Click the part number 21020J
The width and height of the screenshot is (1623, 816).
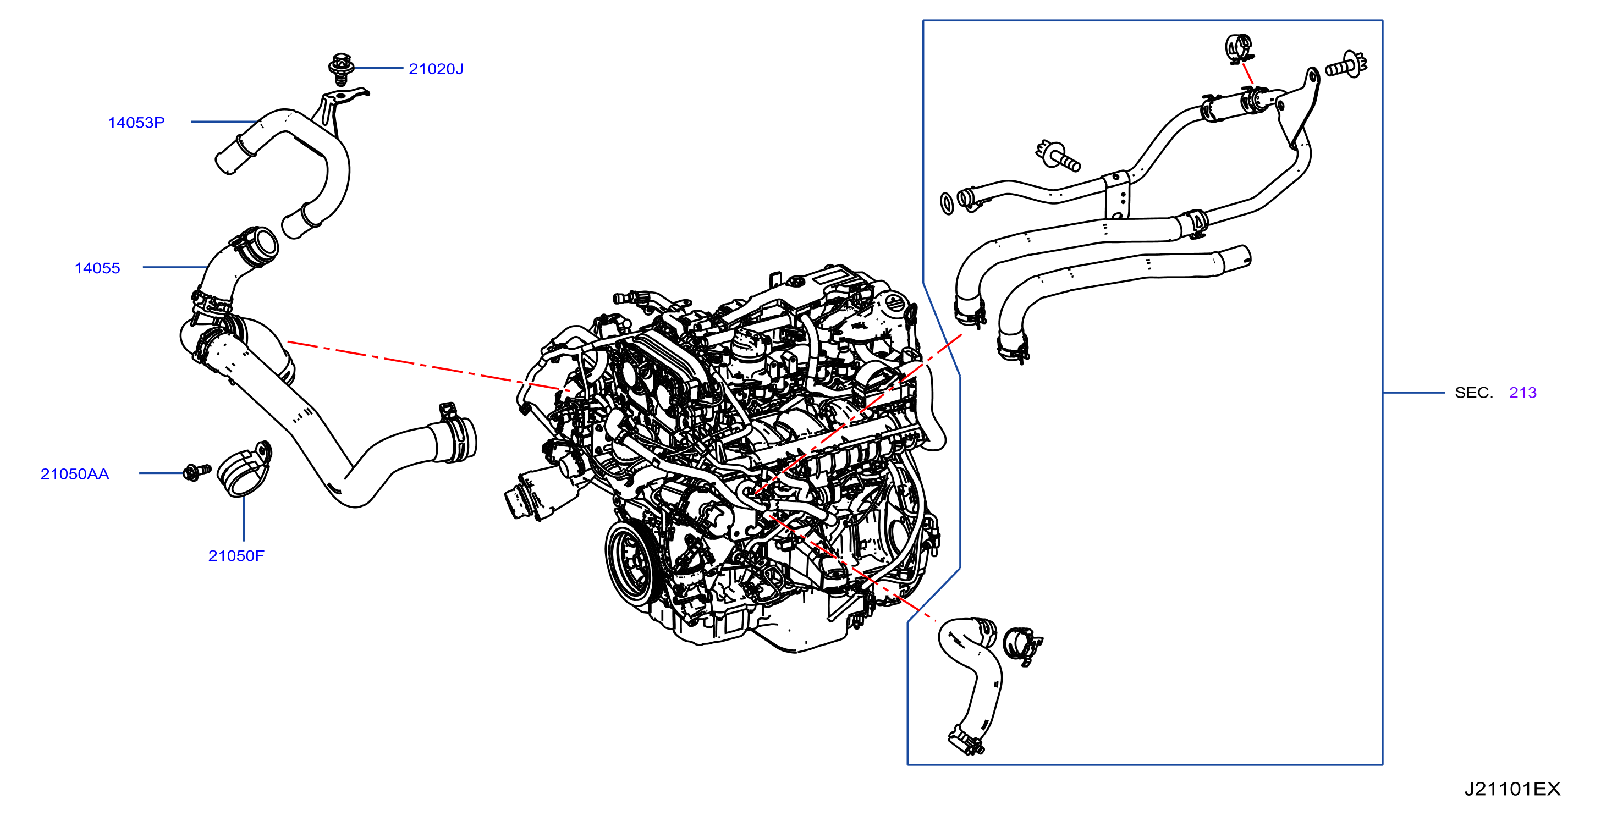pos(436,69)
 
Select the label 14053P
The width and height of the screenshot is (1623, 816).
pos(136,122)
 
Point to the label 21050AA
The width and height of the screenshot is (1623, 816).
pos(74,474)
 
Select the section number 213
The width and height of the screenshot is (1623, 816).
pos(1522,393)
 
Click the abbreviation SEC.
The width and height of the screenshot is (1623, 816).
pos(1473,393)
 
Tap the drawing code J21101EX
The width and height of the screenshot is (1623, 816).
pos(1511,789)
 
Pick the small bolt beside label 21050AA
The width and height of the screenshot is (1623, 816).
pos(196,471)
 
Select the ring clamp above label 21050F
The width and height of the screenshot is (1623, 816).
pos(244,470)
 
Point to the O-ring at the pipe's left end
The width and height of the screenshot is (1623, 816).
pos(947,203)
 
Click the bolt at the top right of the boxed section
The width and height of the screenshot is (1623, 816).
pos(1346,65)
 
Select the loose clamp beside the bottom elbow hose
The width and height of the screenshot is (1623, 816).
pos(1021,646)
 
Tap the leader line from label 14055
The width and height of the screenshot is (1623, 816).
pos(175,267)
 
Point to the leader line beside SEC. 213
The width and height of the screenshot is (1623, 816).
pos(1413,393)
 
